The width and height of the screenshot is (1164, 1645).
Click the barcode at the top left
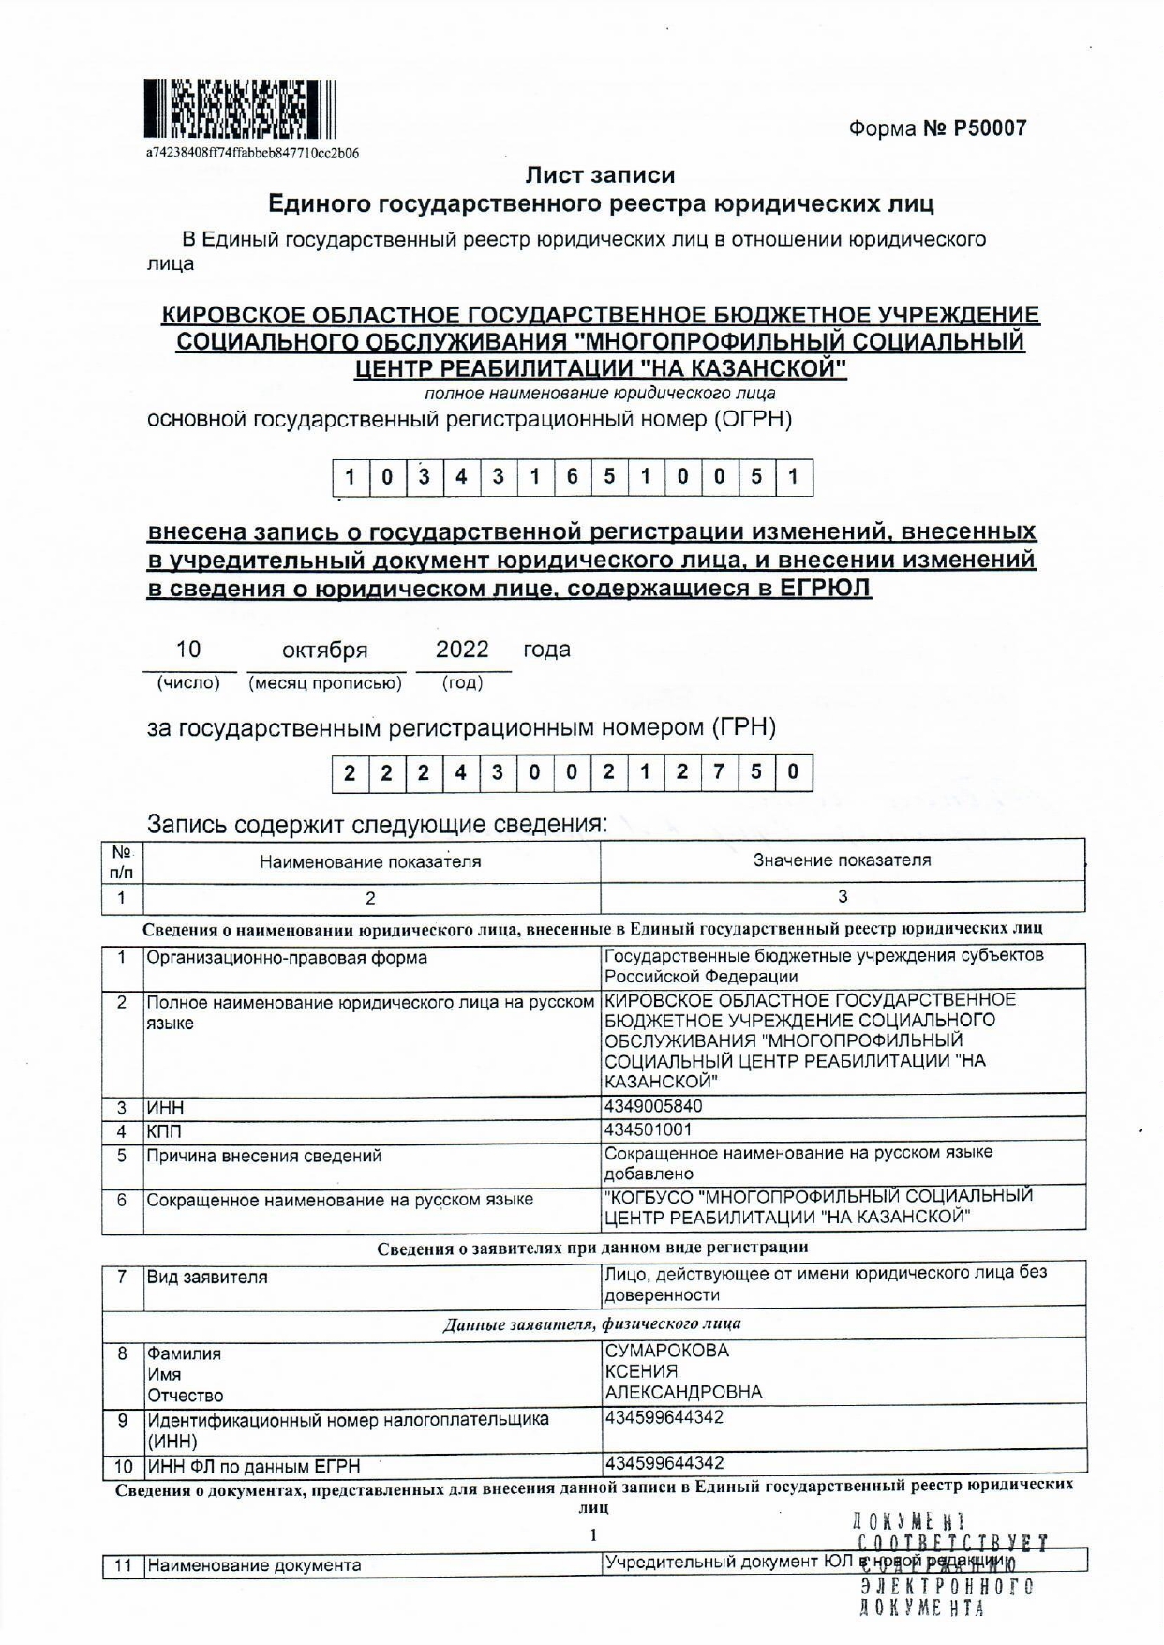(x=240, y=110)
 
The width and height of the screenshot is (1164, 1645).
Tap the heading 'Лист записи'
(x=600, y=175)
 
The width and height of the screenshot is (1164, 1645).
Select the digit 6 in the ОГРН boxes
(x=572, y=477)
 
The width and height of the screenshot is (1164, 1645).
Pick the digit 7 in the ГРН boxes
(x=719, y=773)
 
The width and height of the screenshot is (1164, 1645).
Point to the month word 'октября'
(x=324, y=651)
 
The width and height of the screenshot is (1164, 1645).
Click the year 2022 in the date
(x=462, y=650)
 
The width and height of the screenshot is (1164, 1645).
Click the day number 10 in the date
(x=188, y=650)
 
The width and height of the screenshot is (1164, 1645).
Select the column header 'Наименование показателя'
(x=370, y=861)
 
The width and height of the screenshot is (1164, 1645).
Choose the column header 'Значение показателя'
(x=842, y=860)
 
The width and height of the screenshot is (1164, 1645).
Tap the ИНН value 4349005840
(x=653, y=1106)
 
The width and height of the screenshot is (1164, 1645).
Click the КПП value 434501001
(x=649, y=1129)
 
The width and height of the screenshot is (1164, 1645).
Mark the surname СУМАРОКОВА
(x=666, y=1351)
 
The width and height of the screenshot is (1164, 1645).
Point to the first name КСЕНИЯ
(x=641, y=1371)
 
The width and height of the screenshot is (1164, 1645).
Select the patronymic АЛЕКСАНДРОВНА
(x=683, y=1392)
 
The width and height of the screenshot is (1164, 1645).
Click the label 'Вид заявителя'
(x=207, y=1278)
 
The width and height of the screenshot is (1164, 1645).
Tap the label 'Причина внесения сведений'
(x=263, y=1156)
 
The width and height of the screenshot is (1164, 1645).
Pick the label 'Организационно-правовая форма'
(x=287, y=958)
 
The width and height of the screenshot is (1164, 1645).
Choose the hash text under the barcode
(x=252, y=153)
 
